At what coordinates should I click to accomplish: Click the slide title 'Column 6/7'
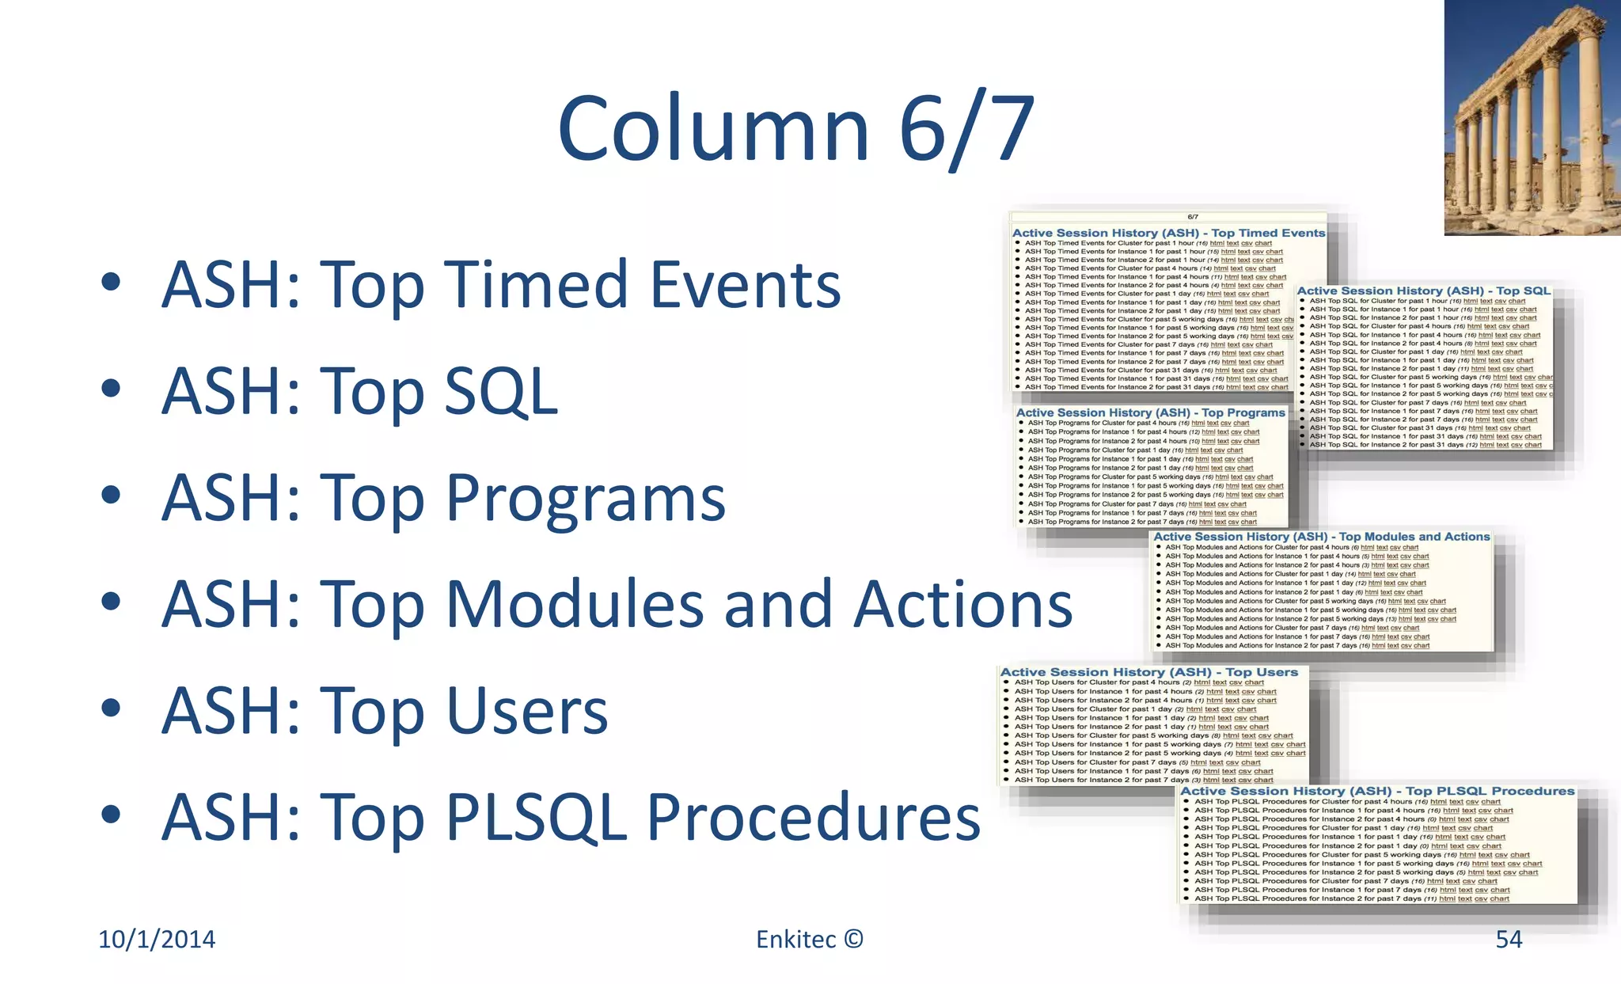click(795, 128)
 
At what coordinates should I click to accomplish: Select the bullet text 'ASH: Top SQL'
click(360, 391)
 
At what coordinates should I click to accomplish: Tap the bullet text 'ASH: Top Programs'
click(443, 498)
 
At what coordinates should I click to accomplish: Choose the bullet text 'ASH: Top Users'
click(385, 710)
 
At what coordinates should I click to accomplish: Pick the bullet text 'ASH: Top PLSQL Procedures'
click(571, 817)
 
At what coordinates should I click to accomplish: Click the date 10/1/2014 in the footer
click(157, 939)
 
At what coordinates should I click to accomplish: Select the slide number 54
click(1509, 939)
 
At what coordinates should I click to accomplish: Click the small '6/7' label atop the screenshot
click(1193, 217)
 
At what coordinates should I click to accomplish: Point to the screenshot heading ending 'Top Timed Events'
click(1168, 233)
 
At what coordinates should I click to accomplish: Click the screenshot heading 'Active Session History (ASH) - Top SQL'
click(1423, 291)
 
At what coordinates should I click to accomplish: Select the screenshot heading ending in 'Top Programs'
click(1150, 412)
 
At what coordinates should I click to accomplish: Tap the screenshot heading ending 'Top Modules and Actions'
click(1321, 537)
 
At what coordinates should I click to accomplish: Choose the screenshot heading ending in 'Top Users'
click(1149, 672)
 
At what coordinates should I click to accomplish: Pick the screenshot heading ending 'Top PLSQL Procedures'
click(1377, 791)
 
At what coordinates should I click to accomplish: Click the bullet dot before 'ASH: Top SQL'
click(111, 389)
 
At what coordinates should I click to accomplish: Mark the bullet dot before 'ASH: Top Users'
click(111, 708)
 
